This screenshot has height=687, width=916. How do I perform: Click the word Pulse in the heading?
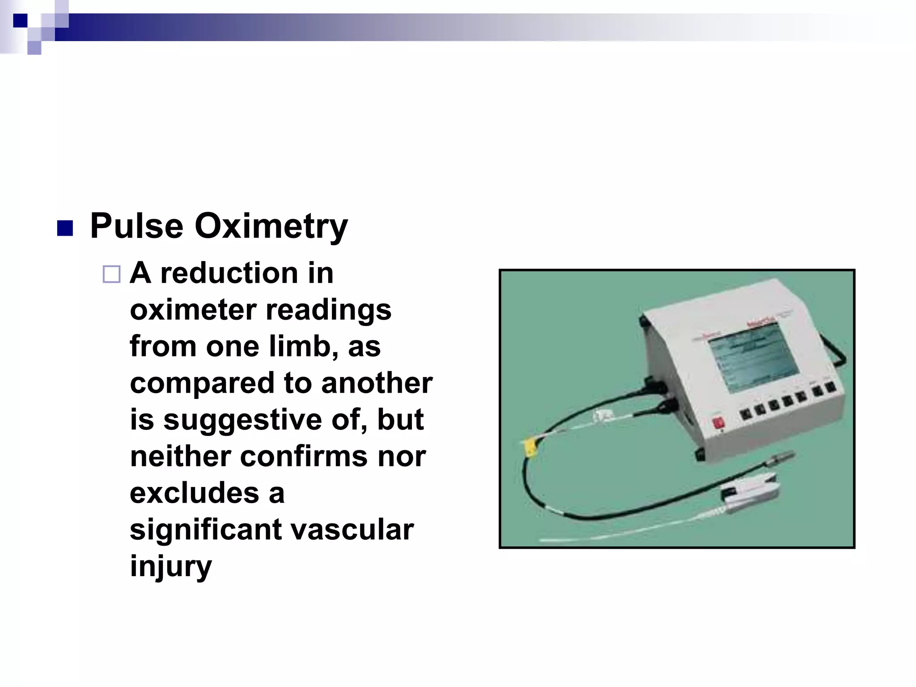coord(136,226)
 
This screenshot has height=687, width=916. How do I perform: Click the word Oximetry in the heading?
coord(271,226)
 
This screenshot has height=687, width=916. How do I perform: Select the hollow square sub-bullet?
coord(111,274)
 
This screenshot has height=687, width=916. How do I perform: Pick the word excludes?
coord(195,493)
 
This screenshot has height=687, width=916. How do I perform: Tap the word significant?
coord(206,530)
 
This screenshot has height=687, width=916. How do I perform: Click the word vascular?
coord(352,530)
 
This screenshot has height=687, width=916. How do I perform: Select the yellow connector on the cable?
coord(530,446)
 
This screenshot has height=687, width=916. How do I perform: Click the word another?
coord(377,384)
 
